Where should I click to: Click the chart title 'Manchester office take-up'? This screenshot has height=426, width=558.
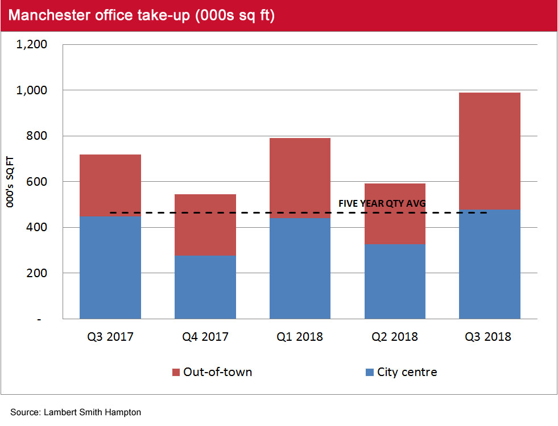142,15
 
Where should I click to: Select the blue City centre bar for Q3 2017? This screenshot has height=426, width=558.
110,268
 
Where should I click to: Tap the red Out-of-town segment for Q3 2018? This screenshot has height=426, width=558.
489,151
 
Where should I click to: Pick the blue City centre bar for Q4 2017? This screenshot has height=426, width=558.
205,287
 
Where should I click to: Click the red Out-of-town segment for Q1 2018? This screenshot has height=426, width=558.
300,178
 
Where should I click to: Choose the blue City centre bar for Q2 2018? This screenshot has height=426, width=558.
395,281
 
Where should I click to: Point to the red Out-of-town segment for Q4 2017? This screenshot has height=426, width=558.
205,225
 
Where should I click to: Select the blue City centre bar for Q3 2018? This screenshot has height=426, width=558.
489,264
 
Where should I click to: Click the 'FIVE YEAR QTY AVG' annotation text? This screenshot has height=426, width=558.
382,203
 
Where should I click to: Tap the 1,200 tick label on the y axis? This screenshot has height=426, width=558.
32,44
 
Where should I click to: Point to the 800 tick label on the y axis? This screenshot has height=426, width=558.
37,136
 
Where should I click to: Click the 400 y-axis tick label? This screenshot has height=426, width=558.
37,228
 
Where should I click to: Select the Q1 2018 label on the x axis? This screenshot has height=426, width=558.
300,337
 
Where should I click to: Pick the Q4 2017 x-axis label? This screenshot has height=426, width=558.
205,337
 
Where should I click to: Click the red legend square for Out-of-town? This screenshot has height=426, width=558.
176,373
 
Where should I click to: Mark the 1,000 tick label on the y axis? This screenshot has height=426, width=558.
32,90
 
